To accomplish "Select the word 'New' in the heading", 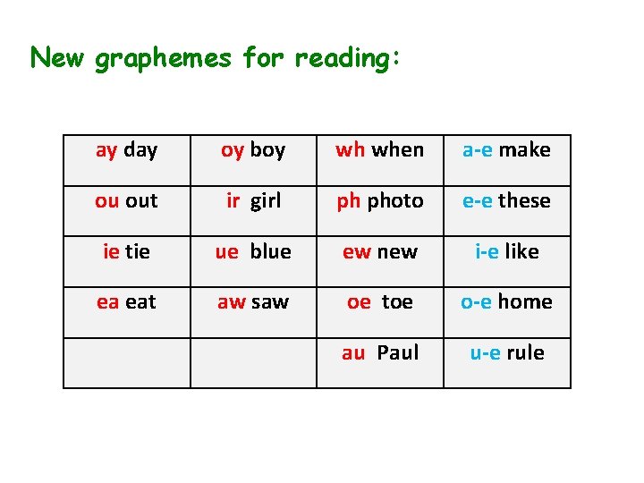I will (x=58, y=58).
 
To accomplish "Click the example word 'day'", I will (x=140, y=150).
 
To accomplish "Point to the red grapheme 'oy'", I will (x=233, y=150).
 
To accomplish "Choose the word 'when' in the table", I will (x=397, y=150).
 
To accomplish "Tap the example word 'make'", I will (x=524, y=150).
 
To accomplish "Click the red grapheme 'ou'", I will (x=107, y=201).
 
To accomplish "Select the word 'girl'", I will (x=265, y=201).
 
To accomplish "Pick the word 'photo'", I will (x=394, y=201).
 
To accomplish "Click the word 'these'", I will (x=524, y=201).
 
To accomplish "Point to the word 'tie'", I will (x=137, y=252).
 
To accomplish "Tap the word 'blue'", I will (x=270, y=252).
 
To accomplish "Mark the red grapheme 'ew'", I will (x=357, y=252).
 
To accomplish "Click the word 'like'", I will (x=521, y=252).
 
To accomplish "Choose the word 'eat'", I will (x=140, y=302).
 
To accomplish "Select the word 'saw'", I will (x=269, y=302).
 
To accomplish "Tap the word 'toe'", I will (x=397, y=302).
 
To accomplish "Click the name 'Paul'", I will (x=398, y=353).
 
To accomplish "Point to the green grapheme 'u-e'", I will (x=486, y=353).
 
